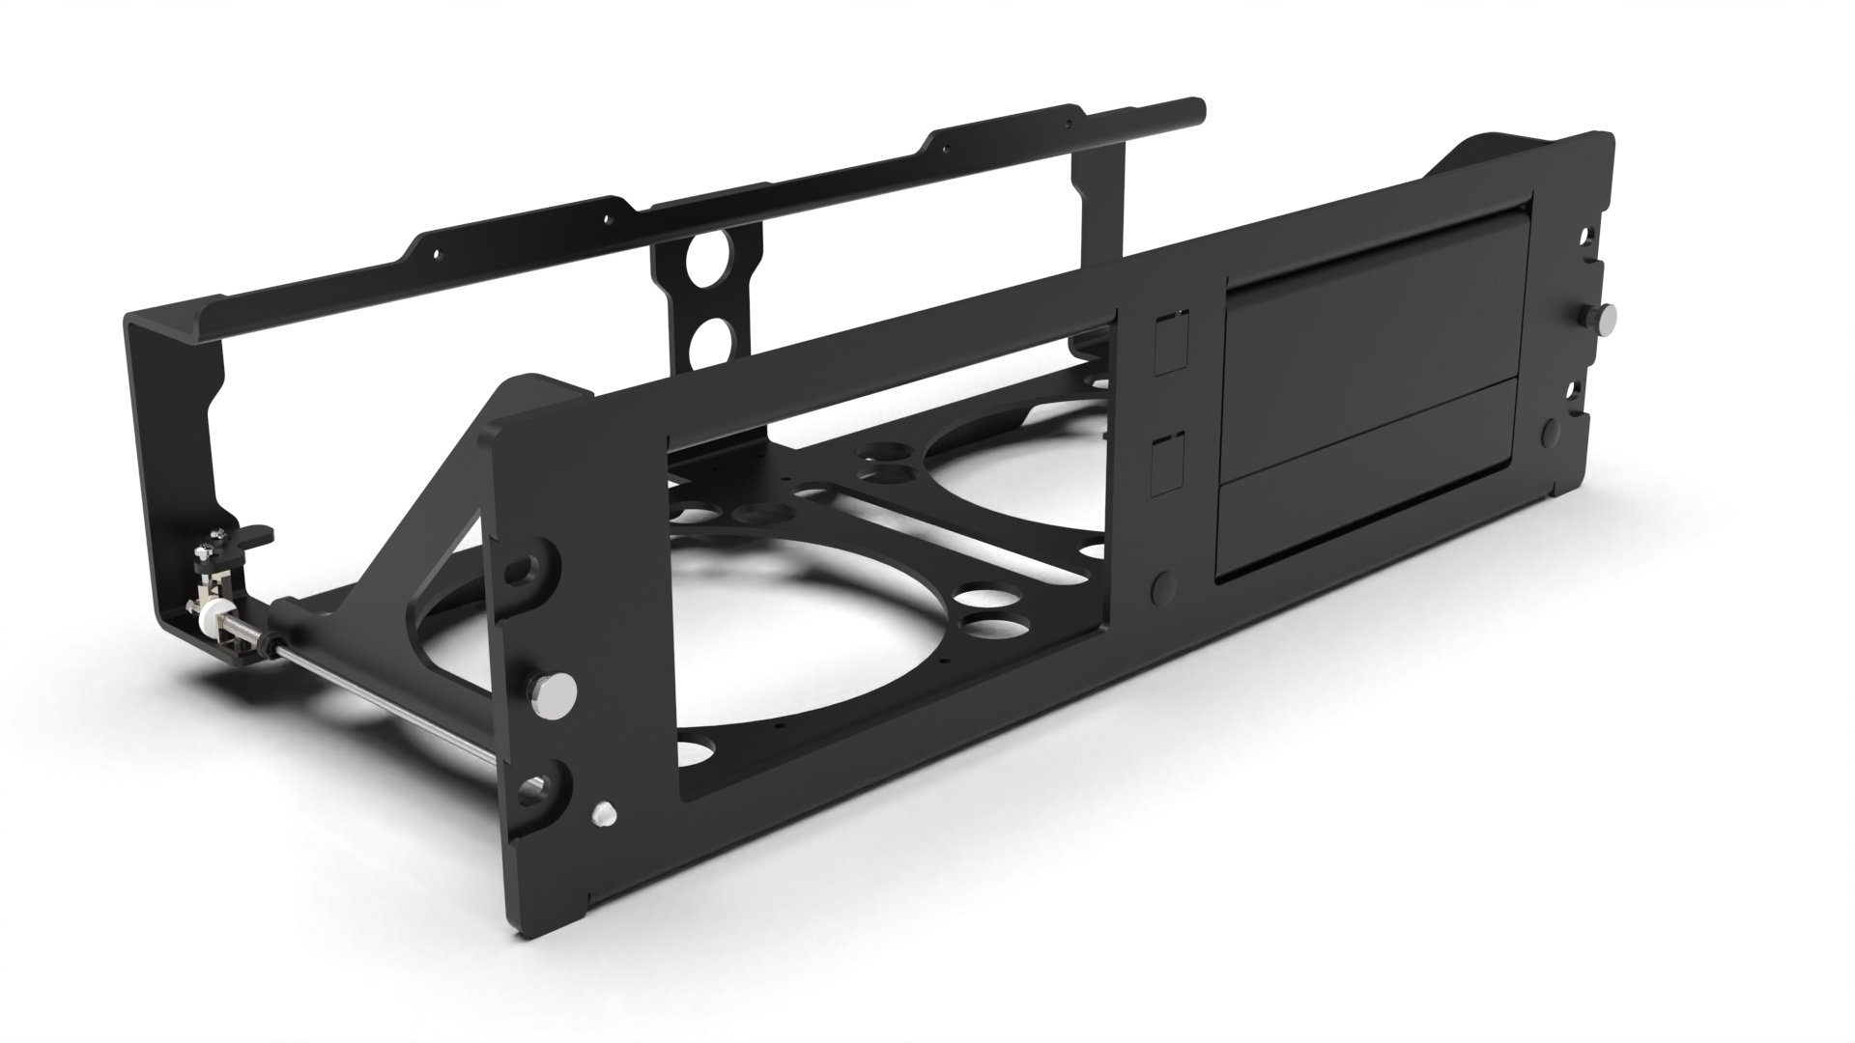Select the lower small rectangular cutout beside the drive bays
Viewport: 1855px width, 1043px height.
tap(1170, 465)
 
